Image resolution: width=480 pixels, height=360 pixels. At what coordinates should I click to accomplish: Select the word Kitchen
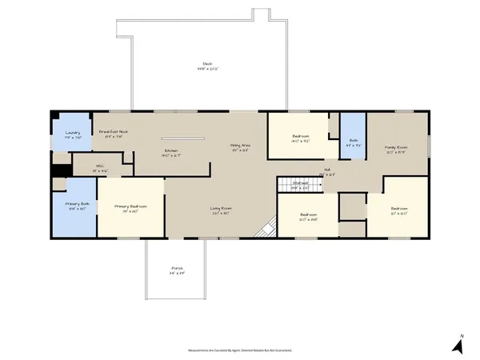coord(170,150)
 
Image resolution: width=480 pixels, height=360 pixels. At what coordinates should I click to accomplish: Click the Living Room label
coord(222,211)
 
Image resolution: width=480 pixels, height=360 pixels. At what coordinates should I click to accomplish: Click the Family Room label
coord(397,147)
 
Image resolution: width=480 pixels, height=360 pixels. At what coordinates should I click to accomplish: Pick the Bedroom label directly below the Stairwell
coord(309,215)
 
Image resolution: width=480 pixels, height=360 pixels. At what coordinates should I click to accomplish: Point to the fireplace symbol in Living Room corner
coord(265,229)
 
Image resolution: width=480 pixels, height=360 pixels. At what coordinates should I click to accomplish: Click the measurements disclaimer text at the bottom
coord(240,351)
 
